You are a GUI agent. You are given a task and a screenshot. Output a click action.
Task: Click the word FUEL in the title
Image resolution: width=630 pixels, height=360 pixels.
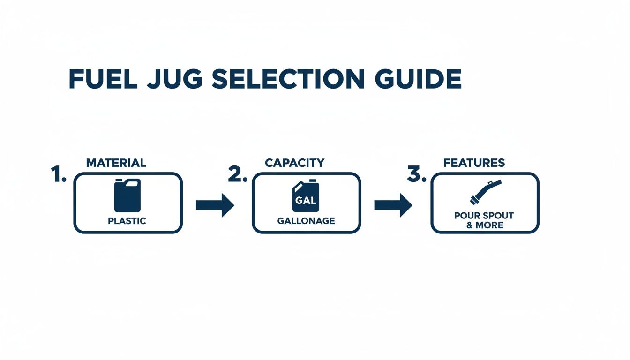click(103, 79)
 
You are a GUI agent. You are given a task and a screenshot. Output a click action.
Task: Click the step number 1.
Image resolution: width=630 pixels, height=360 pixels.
click(58, 174)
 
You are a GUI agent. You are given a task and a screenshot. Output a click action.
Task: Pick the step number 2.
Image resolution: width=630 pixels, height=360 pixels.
click(237, 174)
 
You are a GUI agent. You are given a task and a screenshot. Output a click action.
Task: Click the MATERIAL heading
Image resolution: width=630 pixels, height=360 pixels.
click(116, 163)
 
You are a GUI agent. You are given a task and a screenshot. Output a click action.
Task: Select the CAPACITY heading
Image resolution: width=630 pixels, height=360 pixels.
click(294, 163)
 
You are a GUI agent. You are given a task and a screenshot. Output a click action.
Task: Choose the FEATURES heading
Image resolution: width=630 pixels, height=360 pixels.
click(474, 163)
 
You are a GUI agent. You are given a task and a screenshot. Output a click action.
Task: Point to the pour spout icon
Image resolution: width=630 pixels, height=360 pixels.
click(485, 192)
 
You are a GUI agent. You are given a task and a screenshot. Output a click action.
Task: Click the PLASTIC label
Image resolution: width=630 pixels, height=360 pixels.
click(127, 221)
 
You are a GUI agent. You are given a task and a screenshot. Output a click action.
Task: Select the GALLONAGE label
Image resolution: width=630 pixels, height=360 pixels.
click(306, 221)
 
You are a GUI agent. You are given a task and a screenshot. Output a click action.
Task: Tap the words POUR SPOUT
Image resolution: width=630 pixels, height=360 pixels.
click(484, 216)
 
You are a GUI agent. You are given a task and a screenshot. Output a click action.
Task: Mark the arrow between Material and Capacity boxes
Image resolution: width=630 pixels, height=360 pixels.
click(214, 205)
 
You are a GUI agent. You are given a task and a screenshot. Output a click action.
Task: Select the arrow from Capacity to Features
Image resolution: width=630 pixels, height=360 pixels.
click(393, 205)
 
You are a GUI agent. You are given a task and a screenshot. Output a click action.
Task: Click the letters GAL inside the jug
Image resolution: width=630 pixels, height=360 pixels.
click(306, 200)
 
